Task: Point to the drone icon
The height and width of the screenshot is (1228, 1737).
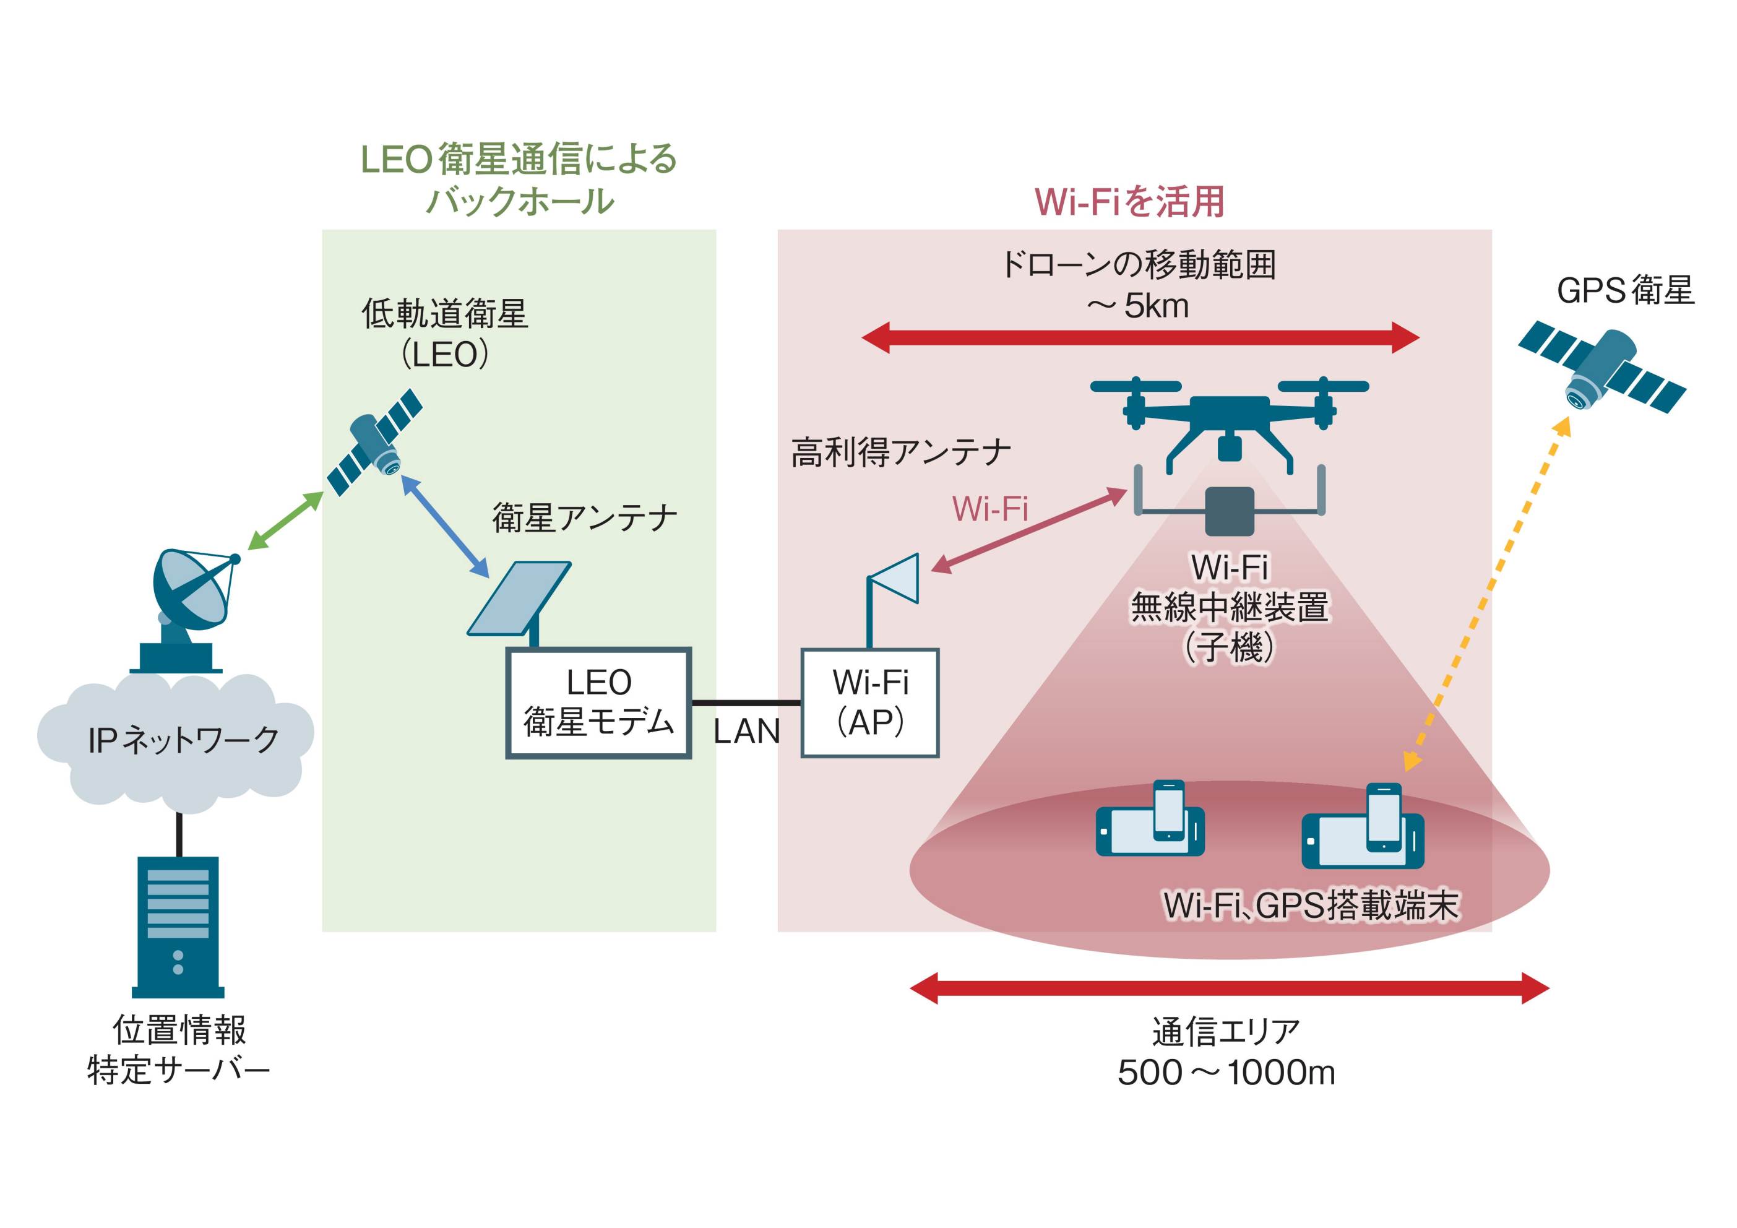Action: [1230, 424]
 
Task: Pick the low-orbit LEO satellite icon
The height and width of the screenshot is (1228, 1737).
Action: [375, 442]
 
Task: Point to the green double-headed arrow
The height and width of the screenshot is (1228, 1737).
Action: [285, 521]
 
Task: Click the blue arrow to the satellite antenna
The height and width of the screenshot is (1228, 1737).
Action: [445, 527]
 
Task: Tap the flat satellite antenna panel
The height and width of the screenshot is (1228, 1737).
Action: [519, 599]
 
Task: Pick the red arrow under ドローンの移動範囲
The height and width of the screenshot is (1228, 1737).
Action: [1140, 337]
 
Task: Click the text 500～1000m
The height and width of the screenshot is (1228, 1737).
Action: [1226, 1072]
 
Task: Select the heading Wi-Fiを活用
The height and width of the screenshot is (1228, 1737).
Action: [1129, 202]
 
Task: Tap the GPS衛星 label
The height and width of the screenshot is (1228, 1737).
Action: [1625, 290]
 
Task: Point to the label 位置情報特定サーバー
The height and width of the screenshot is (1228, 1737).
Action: [179, 1050]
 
